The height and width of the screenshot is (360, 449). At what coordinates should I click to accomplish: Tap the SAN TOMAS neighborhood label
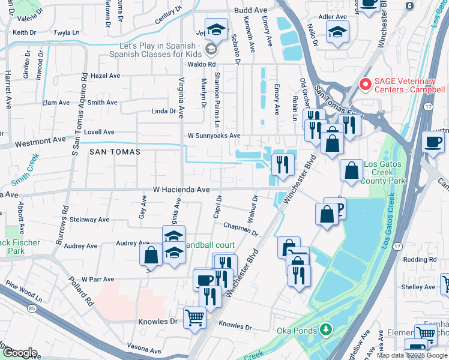coord(115,152)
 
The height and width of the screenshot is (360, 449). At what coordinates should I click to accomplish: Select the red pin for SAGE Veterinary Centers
coord(363,84)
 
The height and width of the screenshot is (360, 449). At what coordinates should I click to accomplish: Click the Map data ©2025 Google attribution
coord(411,355)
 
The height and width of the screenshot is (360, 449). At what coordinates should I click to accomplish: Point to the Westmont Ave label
coord(40,139)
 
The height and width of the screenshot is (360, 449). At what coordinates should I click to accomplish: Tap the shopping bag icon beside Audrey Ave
coord(151,254)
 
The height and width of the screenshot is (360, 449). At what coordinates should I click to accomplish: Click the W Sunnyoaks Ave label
coord(214,136)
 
